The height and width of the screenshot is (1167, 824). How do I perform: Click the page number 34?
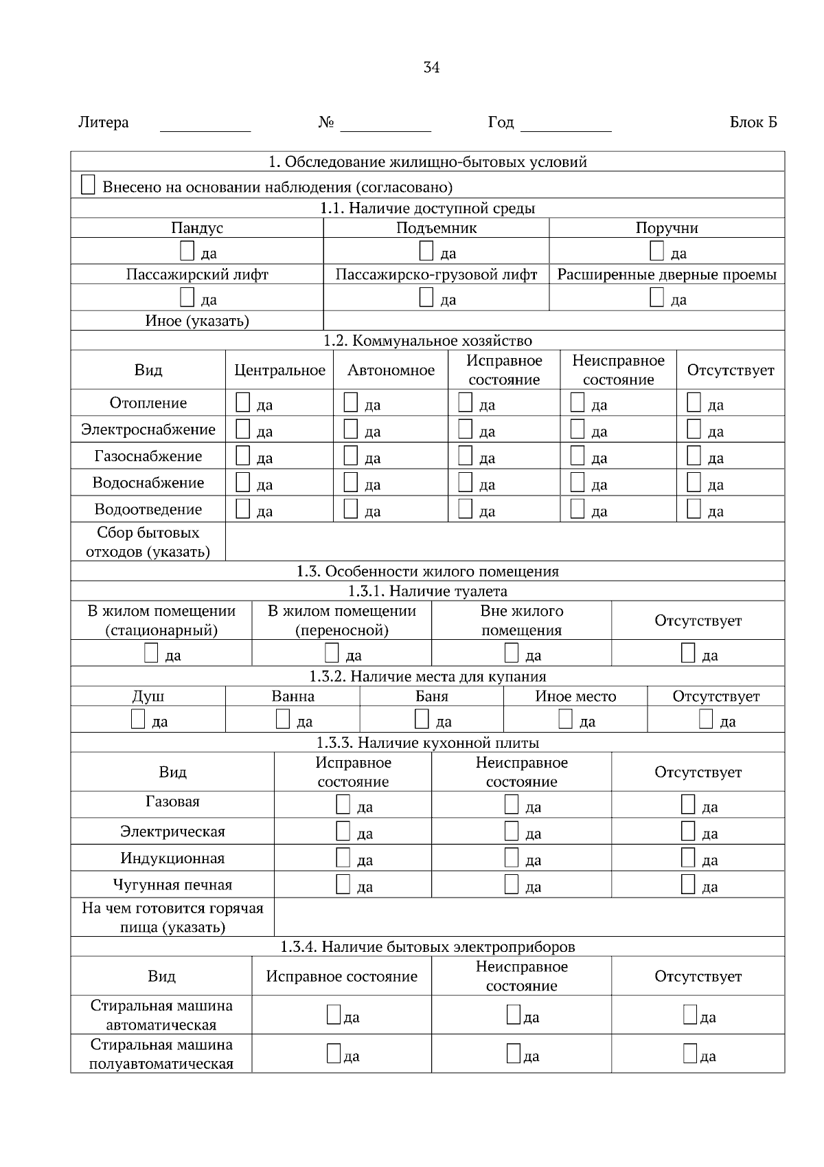(x=431, y=67)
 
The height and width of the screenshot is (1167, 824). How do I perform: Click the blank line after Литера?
(x=205, y=125)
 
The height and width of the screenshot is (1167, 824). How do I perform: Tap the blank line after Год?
(x=566, y=125)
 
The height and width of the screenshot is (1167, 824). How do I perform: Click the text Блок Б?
(x=753, y=122)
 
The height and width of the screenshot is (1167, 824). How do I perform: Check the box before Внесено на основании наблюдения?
(x=88, y=185)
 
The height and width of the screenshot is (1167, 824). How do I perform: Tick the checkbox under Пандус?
(x=187, y=251)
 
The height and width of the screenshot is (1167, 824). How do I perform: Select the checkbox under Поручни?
(x=656, y=251)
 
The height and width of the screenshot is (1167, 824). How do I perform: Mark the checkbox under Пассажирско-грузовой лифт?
(x=426, y=297)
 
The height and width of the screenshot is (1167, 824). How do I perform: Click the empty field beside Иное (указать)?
(x=553, y=320)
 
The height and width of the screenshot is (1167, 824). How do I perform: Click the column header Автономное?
(x=391, y=370)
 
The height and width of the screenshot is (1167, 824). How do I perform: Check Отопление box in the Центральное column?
(x=242, y=402)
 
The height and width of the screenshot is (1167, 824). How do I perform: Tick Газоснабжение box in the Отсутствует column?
(x=694, y=456)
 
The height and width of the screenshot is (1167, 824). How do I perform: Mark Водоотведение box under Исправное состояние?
(x=465, y=509)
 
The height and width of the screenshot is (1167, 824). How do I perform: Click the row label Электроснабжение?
(x=148, y=430)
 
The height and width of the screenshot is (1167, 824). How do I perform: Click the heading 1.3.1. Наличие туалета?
(x=427, y=591)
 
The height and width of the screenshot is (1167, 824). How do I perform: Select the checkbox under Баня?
(x=422, y=719)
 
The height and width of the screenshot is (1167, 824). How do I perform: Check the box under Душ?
(x=138, y=719)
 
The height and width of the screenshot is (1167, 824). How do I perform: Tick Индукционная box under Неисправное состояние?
(x=511, y=857)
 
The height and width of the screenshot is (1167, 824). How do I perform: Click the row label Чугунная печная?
(x=172, y=885)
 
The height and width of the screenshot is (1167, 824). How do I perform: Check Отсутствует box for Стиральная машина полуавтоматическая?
(x=689, y=1054)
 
